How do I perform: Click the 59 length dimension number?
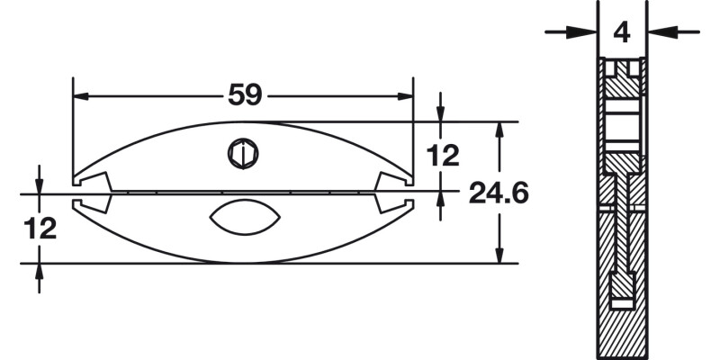tap(242, 94)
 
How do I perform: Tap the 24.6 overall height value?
tap(498, 193)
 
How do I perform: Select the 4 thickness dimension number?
tap(622, 32)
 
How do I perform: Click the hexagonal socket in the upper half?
tap(242, 154)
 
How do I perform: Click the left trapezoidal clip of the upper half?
tap(95, 181)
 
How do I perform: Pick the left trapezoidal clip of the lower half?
tap(95, 203)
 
